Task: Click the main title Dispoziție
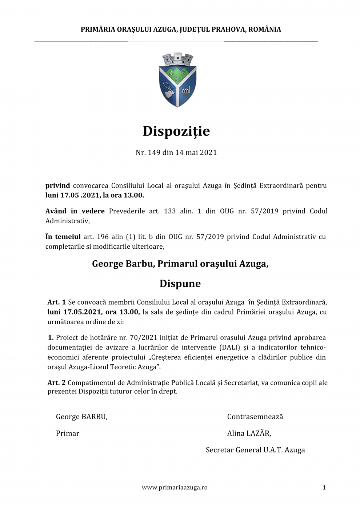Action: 176,131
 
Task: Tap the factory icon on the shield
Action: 186,89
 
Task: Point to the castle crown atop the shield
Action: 177,59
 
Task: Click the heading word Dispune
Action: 180,284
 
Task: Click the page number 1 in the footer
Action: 324,488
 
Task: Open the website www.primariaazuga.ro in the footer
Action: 175,488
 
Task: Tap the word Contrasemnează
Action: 255,417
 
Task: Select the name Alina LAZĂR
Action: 249,433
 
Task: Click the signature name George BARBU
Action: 81,417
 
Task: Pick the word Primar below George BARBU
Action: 68,433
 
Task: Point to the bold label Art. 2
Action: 56,382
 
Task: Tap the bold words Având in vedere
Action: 75,211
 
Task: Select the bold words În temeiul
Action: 63,237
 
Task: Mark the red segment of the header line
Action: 271,41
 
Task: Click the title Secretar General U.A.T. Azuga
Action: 255,450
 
